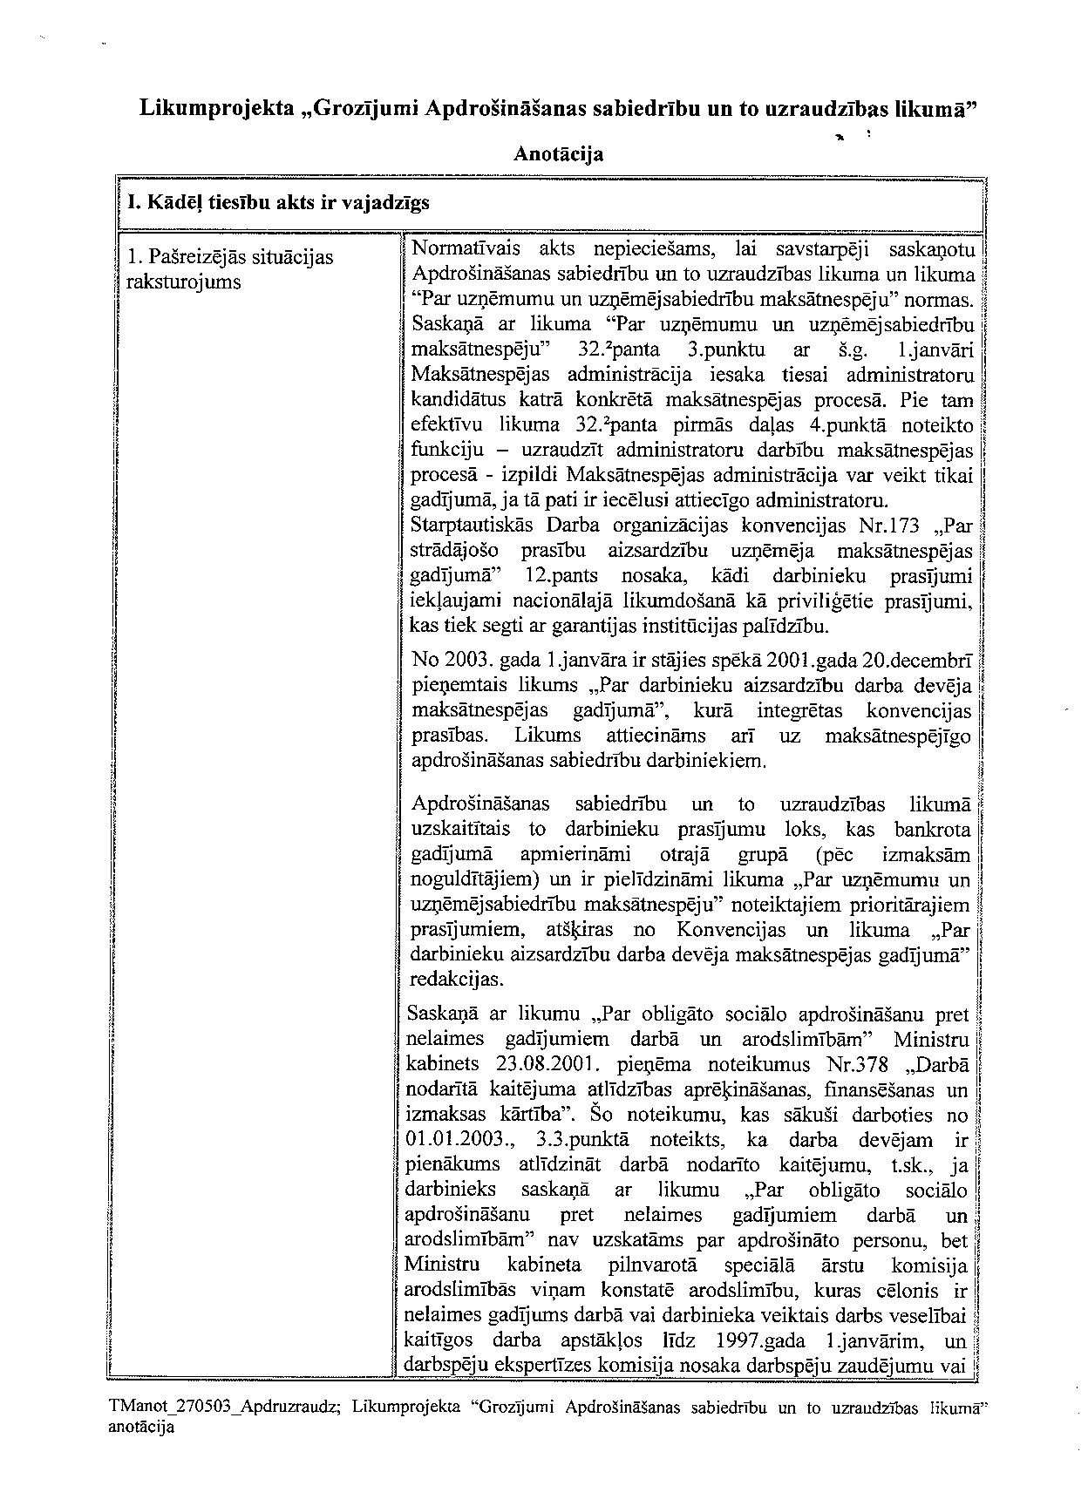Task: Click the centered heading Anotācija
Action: click(558, 154)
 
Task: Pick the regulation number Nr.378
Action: click(862, 1065)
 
